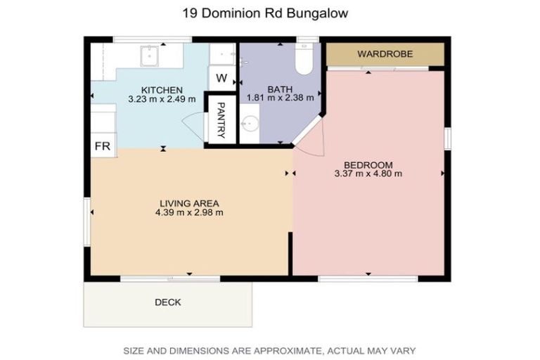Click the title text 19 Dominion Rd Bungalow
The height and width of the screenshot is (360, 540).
[270, 13]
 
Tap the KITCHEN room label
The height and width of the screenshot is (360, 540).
[162, 90]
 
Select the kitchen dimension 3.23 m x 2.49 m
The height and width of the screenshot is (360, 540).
[162, 100]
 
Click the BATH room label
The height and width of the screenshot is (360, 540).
[279, 90]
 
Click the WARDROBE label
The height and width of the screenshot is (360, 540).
[385, 54]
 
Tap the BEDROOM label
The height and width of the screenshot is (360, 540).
[368, 165]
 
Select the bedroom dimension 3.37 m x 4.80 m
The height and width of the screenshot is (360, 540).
[368, 174]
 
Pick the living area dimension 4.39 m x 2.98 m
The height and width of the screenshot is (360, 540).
[190, 212]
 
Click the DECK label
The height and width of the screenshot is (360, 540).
[167, 303]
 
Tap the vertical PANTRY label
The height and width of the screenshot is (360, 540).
[220, 119]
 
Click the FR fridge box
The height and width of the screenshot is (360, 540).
[102, 146]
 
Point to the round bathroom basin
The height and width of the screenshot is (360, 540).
[249, 124]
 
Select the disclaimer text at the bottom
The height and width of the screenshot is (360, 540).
[270, 349]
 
